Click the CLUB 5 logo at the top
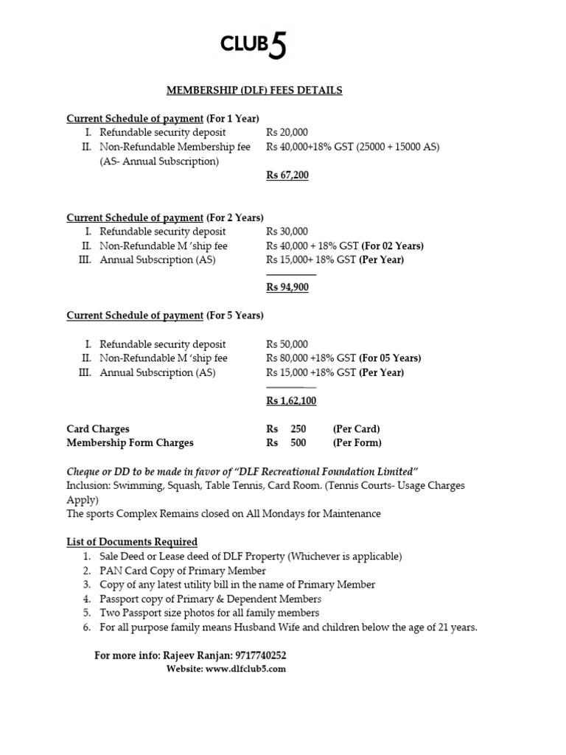pyautogui.click(x=254, y=46)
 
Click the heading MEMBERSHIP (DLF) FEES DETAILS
pyautogui.click(x=254, y=90)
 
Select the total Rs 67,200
pyautogui.click(x=287, y=175)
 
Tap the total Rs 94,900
pyautogui.click(x=287, y=288)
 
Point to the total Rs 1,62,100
pyautogui.click(x=291, y=400)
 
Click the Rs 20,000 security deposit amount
pyautogui.click(x=287, y=133)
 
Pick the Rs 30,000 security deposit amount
pyautogui.click(x=287, y=232)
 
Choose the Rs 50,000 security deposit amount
pyautogui.click(x=287, y=344)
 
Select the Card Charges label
pyautogui.click(x=98, y=428)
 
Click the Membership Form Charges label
pyautogui.click(x=130, y=442)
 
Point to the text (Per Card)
pyautogui.click(x=356, y=428)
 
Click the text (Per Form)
pyautogui.click(x=357, y=442)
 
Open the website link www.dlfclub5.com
pyautogui.click(x=245, y=669)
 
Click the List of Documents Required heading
pyautogui.click(x=132, y=542)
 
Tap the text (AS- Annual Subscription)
pyautogui.click(x=159, y=161)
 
